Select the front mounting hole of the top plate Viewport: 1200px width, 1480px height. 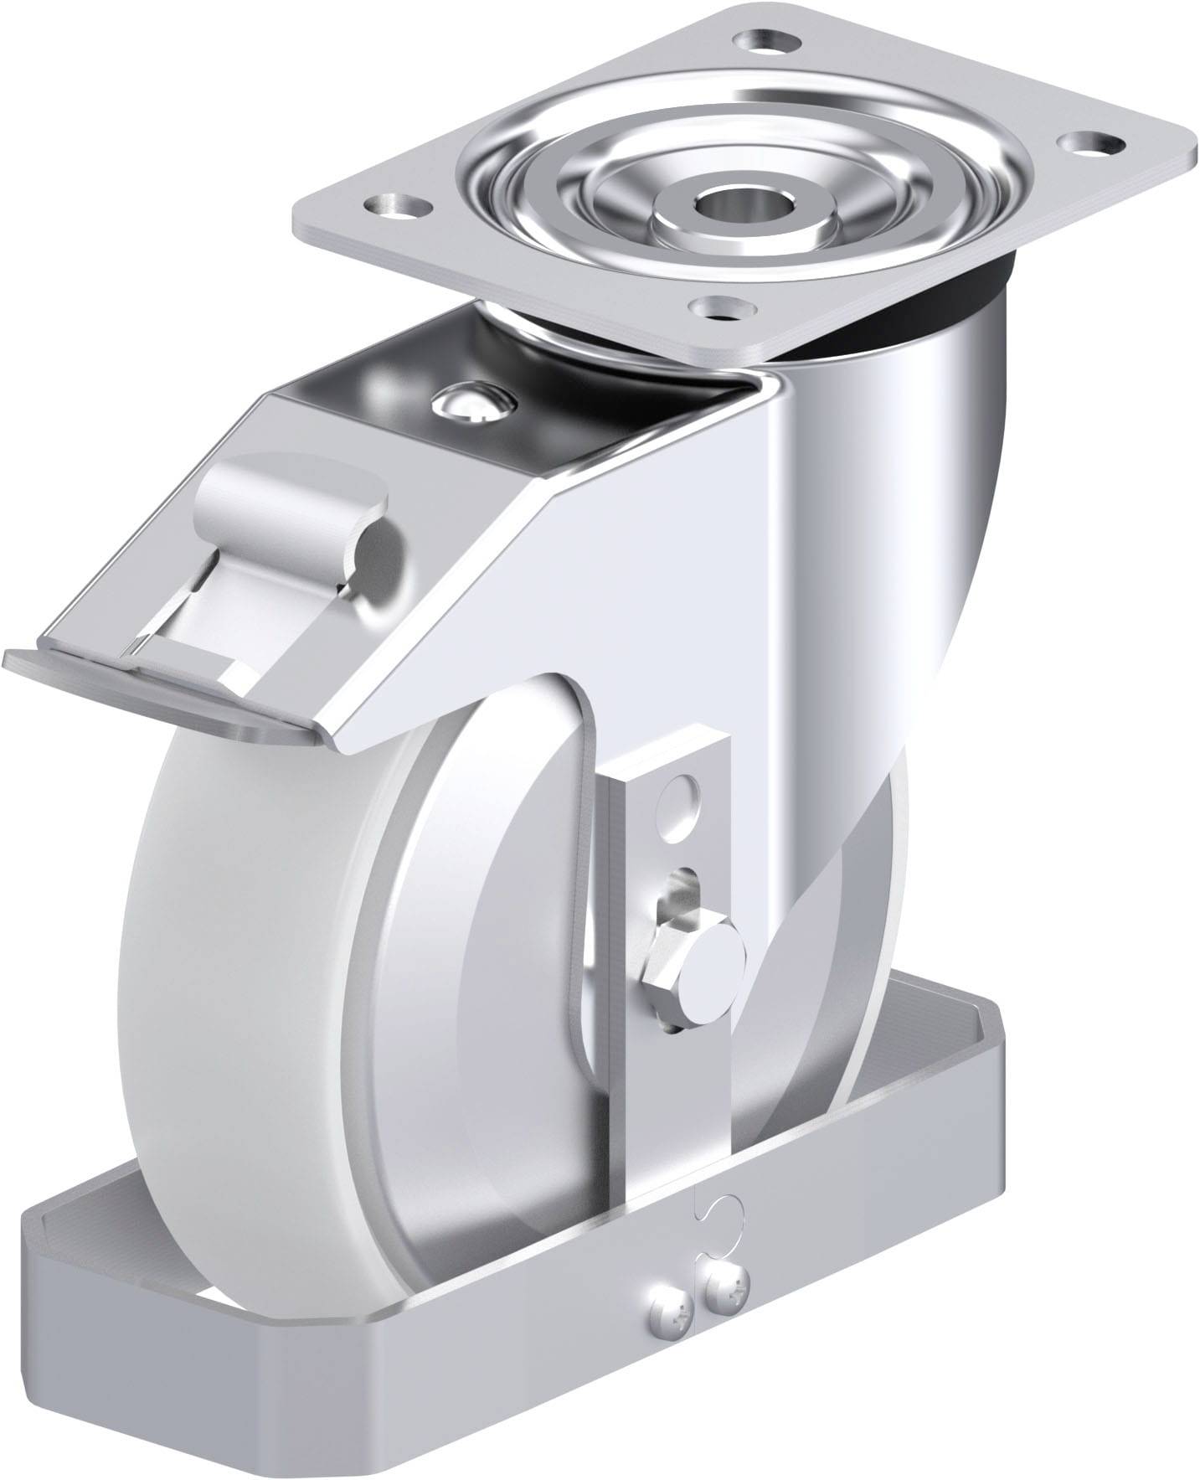coord(718,307)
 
